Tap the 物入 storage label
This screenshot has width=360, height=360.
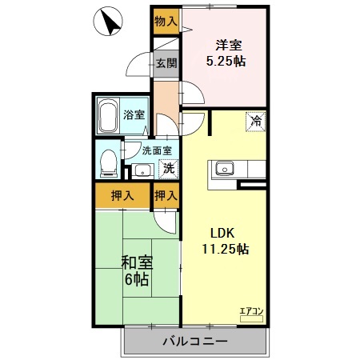(166, 20)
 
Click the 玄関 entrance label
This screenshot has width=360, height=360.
(166, 63)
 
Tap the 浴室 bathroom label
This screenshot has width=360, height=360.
(134, 114)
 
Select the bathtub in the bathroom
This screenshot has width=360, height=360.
(107, 117)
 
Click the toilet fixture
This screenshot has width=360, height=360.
(106, 162)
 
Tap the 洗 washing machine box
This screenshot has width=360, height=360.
(169, 168)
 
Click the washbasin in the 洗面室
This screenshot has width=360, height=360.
(142, 170)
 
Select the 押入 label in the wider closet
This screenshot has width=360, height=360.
(121, 195)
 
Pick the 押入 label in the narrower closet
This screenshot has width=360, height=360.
(166, 195)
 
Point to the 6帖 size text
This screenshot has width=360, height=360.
(136, 282)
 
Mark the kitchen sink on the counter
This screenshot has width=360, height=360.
(224, 168)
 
